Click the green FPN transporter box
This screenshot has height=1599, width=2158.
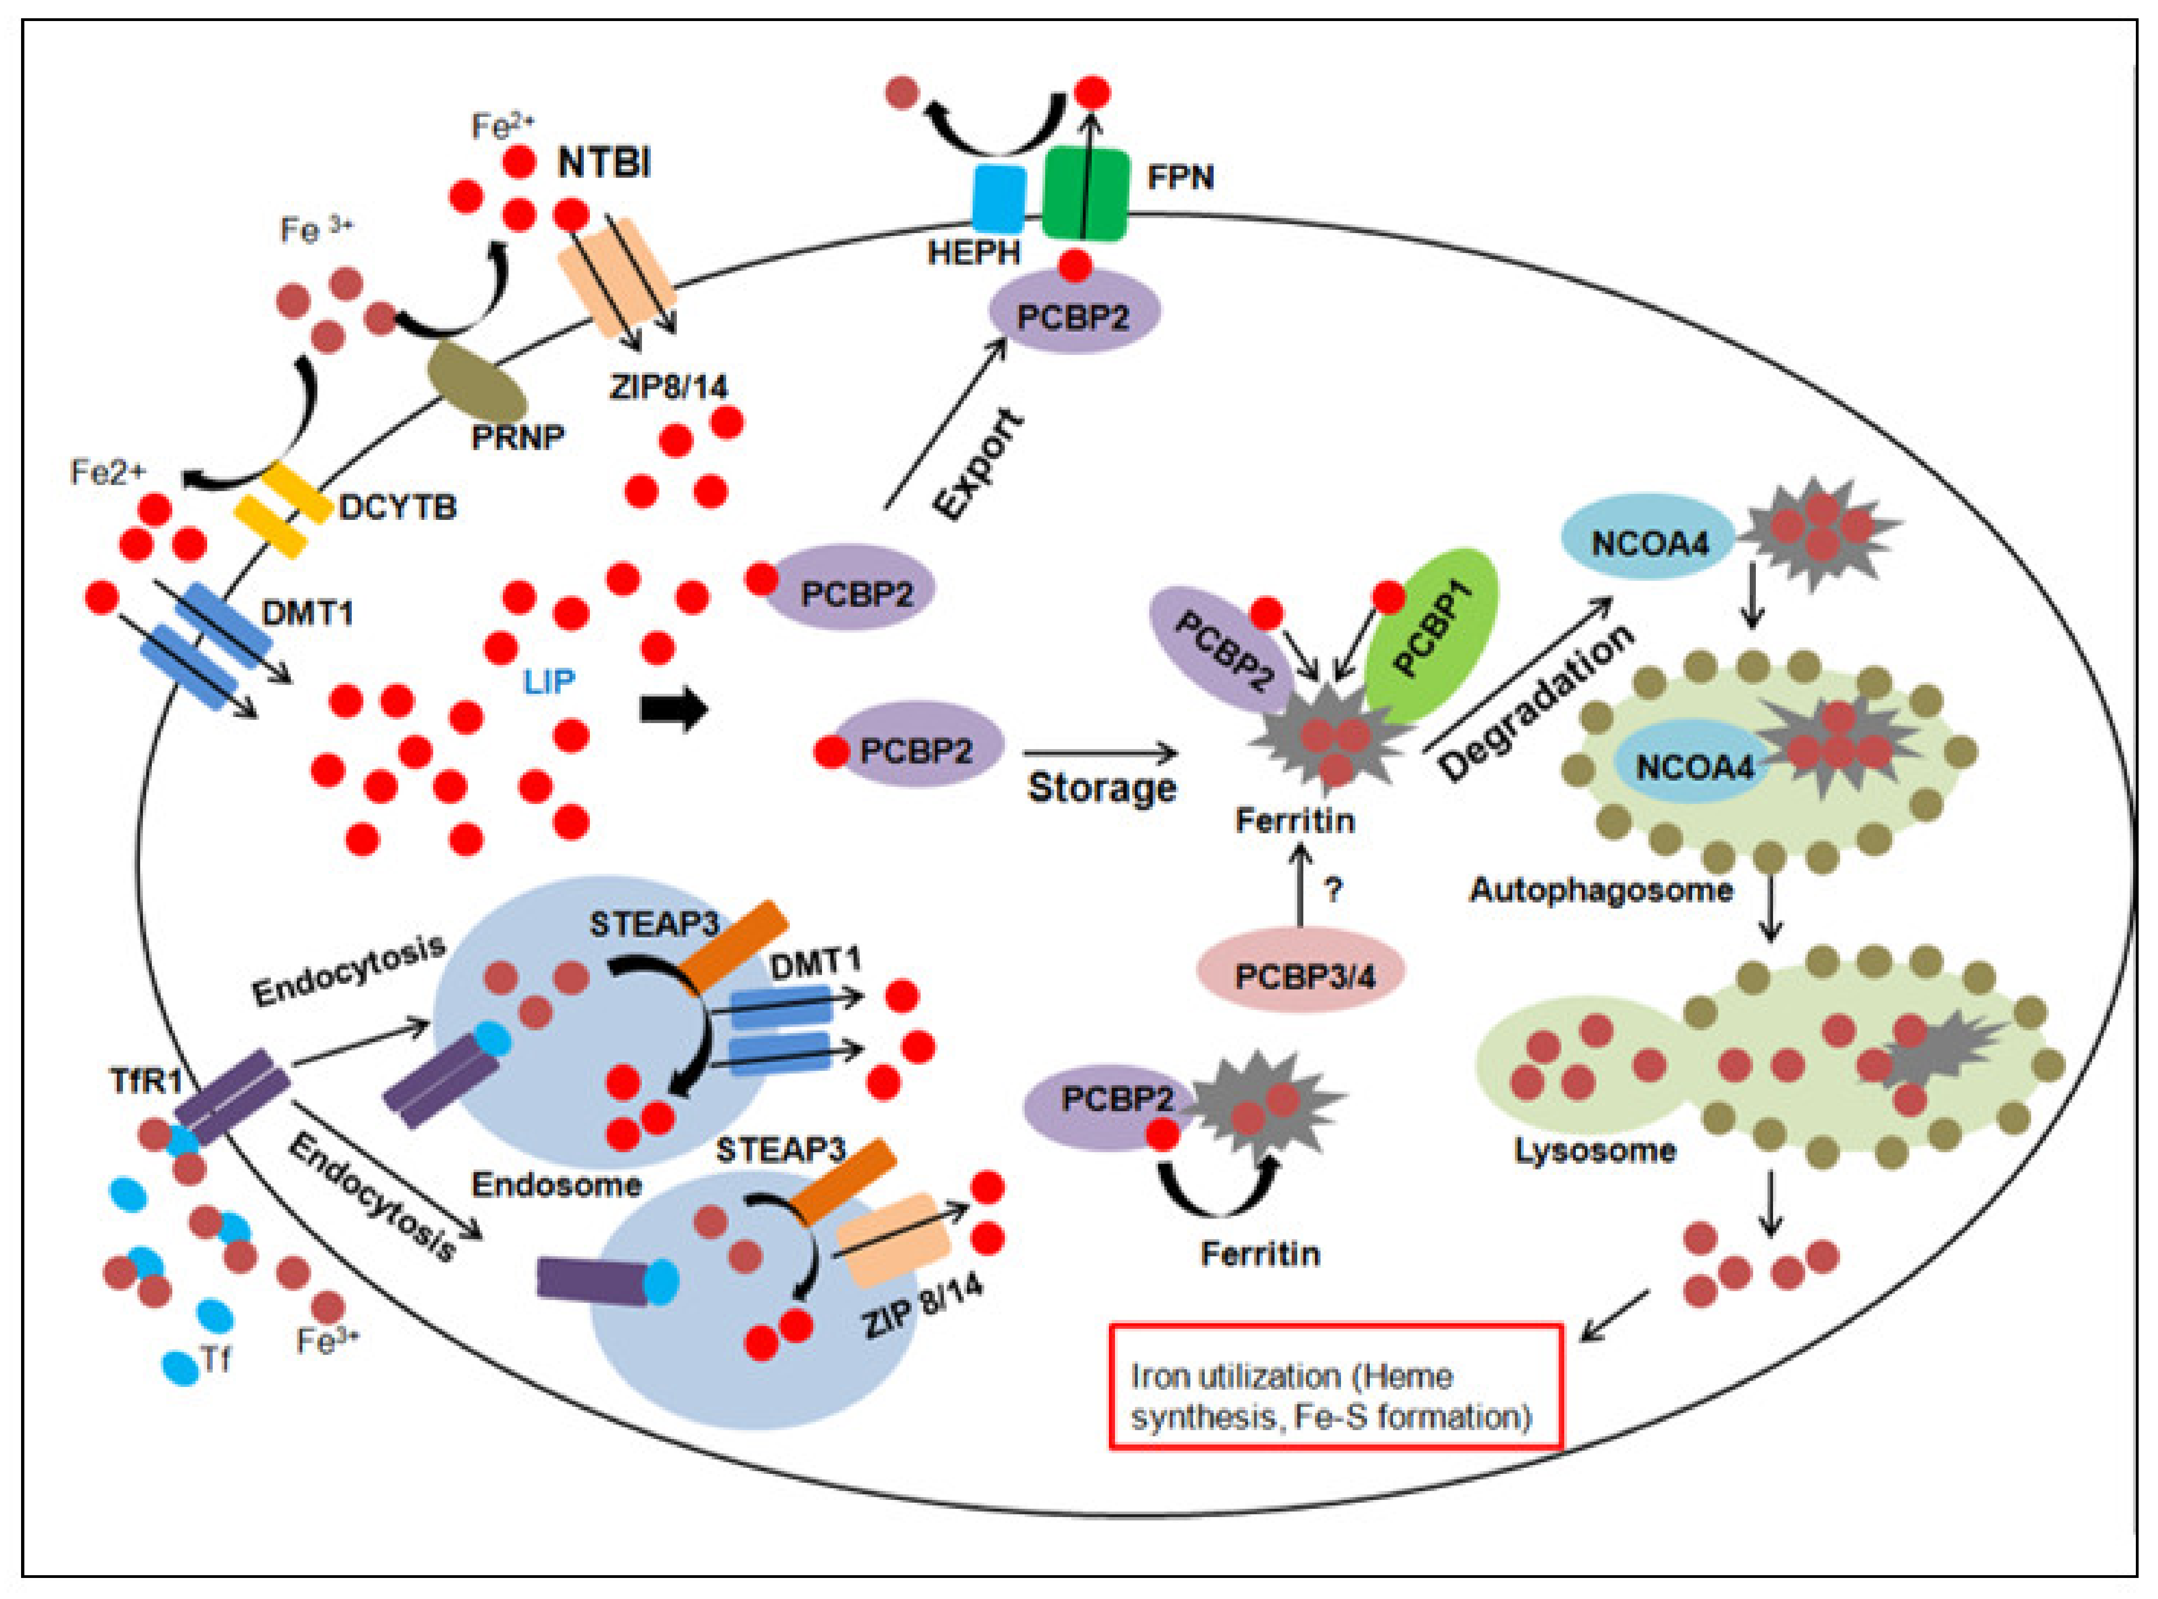pos(1085,194)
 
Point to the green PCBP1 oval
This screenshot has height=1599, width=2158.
pos(1433,634)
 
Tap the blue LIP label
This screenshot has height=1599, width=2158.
pos(549,682)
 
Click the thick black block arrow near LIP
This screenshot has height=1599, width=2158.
pos(674,709)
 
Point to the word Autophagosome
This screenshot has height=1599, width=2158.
pos(1600,890)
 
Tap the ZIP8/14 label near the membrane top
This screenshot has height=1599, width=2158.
pos(668,386)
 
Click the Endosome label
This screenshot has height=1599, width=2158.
pos(557,1185)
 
